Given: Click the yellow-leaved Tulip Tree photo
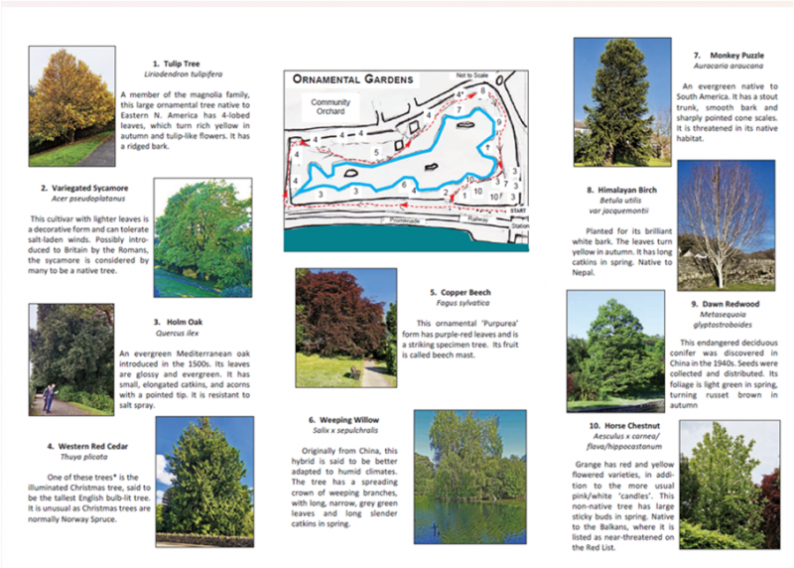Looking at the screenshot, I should [71, 106].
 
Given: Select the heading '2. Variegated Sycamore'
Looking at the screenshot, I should [84, 188].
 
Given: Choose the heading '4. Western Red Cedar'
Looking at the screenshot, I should [87, 446].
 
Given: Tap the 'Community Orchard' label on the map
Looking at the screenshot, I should [330, 107].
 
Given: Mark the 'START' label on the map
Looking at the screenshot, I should [517, 212].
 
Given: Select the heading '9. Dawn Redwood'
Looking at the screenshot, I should [725, 304].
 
